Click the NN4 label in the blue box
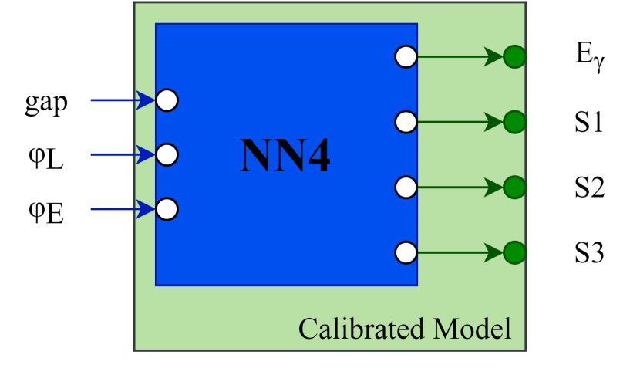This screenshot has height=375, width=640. [x=285, y=156]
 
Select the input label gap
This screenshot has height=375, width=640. [x=45, y=102]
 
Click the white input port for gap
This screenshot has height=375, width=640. [x=167, y=100]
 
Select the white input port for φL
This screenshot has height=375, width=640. [x=167, y=155]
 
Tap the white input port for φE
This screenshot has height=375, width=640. [x=167, y=209]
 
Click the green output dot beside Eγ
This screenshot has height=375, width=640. [x=514, y=57]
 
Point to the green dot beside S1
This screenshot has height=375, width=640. [x=514, y=122]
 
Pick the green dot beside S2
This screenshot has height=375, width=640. [x=514, y=187]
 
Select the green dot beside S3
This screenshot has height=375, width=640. [x=514, y=252]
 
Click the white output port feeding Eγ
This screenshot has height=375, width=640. [x=406, y=57]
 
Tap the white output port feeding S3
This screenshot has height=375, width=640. [x=406, y=252]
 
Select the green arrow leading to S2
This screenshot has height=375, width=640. [x=460, y=187]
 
